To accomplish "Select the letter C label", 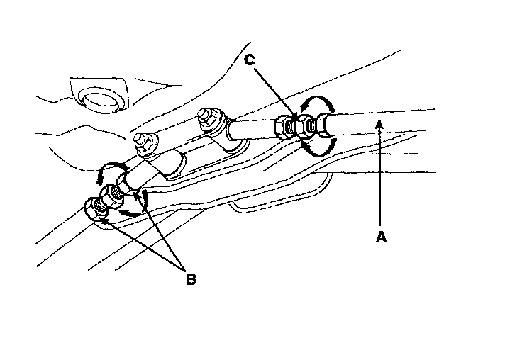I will (x=250, y=60).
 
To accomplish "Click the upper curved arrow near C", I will (x=312, y=105).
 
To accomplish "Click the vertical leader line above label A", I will (x=380, y=177).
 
